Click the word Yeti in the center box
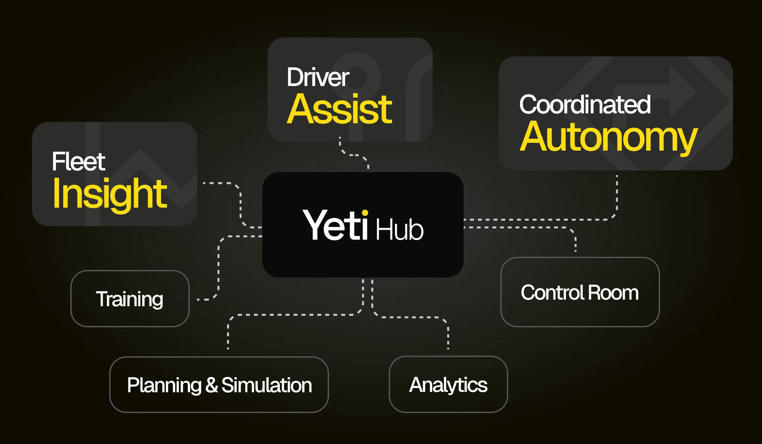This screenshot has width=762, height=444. (335, 225)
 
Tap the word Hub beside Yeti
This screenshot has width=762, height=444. (400, 230)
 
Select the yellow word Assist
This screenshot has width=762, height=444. (340, 109)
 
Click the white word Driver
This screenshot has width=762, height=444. (318, 78)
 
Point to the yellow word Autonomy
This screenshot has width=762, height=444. (609, 137)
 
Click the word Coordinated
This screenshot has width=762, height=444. (585, 105)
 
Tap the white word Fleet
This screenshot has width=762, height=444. (79, 162)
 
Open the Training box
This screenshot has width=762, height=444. (130, 299)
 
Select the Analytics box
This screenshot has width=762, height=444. (448, 384)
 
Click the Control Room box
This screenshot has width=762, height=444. (580, 292)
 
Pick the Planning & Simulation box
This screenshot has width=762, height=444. (219, 385)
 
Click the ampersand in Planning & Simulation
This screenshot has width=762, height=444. (212, 385)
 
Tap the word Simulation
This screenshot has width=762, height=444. (267, 385)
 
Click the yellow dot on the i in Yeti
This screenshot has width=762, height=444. (365, 213)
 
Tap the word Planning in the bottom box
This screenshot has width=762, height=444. (164, 385)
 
